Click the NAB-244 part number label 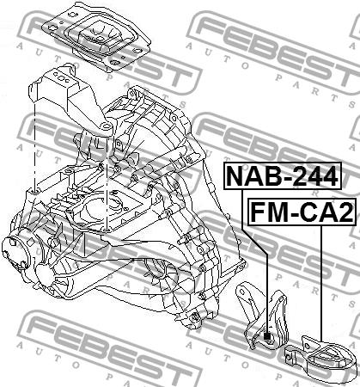point(283,176)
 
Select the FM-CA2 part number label point(302,212)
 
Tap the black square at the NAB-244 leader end point(267,335)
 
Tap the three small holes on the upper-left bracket point(61,77)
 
